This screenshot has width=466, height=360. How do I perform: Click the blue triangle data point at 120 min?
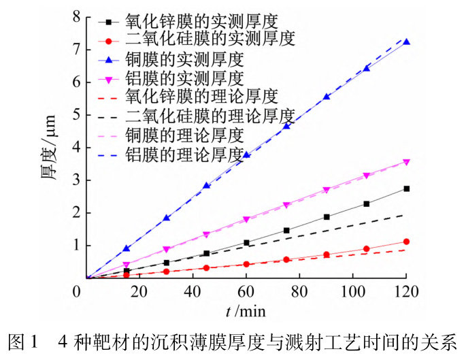click(x=407, y=42)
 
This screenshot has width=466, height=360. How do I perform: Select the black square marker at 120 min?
click(x=407, y=189)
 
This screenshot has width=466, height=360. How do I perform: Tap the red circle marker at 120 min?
click(x=407, y=242)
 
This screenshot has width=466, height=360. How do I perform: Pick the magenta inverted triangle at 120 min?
click(x=407, y=162)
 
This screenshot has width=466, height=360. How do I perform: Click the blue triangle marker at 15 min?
click(x=126, y=248)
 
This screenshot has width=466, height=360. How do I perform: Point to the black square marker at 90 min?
click(x=327, y=217)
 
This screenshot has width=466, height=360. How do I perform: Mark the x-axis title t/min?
click(x=246, y=311)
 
